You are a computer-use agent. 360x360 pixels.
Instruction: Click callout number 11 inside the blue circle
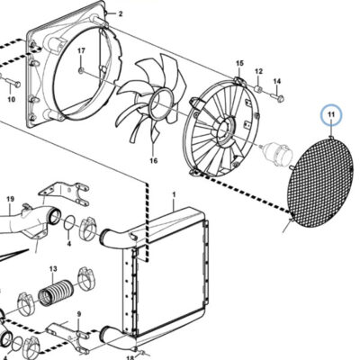[331, 114]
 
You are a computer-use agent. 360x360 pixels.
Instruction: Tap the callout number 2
[121, 13]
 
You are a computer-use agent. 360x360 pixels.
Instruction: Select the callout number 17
[81, 51]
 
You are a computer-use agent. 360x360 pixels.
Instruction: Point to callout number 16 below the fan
[153, 161]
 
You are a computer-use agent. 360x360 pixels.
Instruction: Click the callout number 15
[239, 63]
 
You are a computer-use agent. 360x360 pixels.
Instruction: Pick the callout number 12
[259, 71]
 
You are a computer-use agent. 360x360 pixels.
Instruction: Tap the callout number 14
[277, 81]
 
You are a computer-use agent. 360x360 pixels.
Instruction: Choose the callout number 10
[11, 99]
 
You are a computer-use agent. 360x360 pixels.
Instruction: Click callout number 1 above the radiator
[174, 194]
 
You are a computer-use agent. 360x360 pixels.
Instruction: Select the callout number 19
[11, 199]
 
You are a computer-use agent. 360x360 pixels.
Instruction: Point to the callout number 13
[53, 269]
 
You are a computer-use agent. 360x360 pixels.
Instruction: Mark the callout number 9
[79, 314]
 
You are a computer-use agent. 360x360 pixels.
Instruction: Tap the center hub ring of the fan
[162, 103]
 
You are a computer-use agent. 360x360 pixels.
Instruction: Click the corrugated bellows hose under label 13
[53, 292]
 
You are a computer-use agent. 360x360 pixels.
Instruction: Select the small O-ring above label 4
[70, 223]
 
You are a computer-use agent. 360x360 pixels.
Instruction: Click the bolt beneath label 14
[277, 97]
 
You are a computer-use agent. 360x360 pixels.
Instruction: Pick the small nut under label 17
[81, 71]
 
